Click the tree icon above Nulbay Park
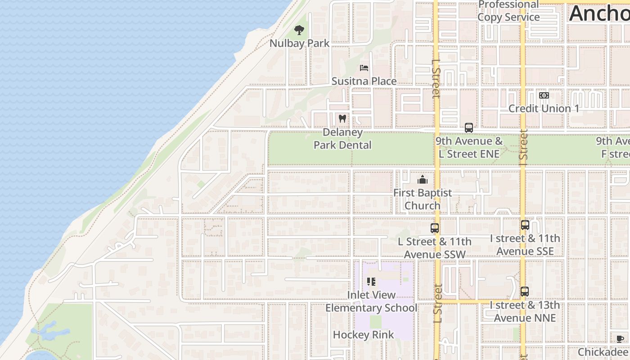[299, 30]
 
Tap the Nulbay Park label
[299, 44]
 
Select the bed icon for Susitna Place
[364, 68]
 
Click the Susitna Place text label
[364, 81]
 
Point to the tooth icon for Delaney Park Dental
[342, 119]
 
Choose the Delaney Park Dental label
[342, 139]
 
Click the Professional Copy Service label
[508, 11]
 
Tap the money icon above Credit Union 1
[544, 95]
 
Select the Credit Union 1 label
[544, 108]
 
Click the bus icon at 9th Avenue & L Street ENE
[469, 128]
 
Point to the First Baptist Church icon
[422, 180]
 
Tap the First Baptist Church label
[422, 199]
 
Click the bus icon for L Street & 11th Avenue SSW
[434, 228]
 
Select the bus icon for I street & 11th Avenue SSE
[525, 225]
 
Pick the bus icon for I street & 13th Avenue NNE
[525, 292]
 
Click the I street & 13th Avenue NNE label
[525, 311]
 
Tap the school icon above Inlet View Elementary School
[371, 282]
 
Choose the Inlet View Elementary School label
[371, 301]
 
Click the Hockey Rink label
[364, 335]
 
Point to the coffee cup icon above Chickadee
[620, 339]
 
